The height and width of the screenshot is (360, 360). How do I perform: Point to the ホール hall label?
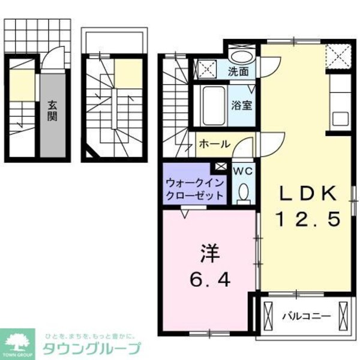click(212, 145)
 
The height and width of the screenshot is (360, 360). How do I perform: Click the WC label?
click(243, 170)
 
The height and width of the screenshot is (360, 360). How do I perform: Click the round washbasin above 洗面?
click(242, 56)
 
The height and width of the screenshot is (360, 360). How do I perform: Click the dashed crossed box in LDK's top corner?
click(337, 58)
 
